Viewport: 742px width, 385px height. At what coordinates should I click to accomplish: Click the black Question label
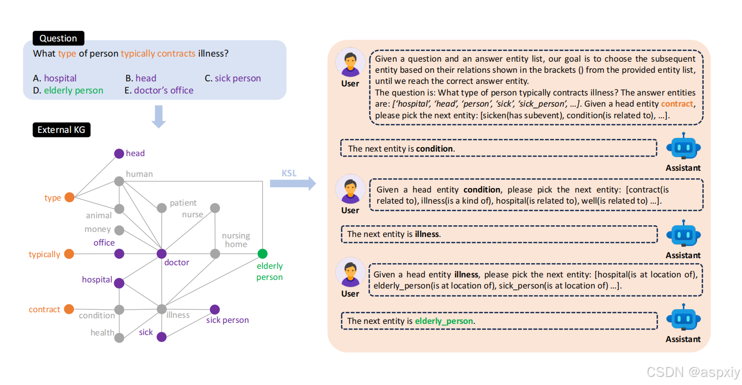(58, 38)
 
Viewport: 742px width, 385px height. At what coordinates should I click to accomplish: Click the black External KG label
(61, 130)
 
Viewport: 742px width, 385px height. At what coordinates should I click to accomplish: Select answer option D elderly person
(68, 91)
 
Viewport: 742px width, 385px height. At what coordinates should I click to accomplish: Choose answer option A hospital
(55, 78)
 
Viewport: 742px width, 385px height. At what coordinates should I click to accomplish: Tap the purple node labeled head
(119, 154)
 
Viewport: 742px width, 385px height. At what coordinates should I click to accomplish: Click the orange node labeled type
(69, 198)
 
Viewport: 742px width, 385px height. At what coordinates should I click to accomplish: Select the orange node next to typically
(69, 254)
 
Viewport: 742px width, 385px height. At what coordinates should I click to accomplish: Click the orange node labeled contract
(69, 309)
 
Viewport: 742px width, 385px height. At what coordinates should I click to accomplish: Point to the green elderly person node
(262, 254)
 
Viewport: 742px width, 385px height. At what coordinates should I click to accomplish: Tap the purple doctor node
(162, 254)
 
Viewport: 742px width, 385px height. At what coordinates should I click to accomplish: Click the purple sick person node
(215, 309)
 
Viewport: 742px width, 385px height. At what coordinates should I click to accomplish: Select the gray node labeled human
(119, 181)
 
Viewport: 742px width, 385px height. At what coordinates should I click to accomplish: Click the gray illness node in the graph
(162, 309)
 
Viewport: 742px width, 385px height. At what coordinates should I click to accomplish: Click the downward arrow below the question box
(159, 116)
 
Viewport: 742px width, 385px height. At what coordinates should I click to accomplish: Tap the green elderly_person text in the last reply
(444, 321)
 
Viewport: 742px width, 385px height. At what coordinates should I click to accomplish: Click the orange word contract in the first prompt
(677, 104)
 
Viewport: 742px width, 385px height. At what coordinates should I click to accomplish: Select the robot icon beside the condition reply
(683, 148)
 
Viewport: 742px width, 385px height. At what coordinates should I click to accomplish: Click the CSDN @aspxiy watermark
(693, 372)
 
